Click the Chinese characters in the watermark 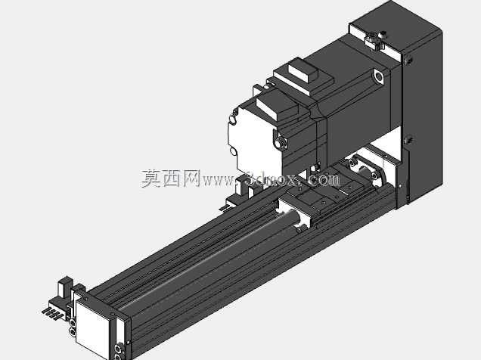point(171,178)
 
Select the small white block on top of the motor point(303,71)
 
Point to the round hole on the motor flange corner point(379,76)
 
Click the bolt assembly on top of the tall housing point(375,39)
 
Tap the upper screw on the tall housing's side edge point(408,60)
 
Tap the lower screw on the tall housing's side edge point(408,140)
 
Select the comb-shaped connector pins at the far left point(52,313)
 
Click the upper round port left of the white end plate point(73,323)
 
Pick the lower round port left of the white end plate point(73,332)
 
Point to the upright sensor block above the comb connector point(65,287)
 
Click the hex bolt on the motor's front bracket point(280,142)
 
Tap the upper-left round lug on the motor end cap point(234,119)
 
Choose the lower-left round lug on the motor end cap point(233,151)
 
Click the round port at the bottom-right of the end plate point(118,349)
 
